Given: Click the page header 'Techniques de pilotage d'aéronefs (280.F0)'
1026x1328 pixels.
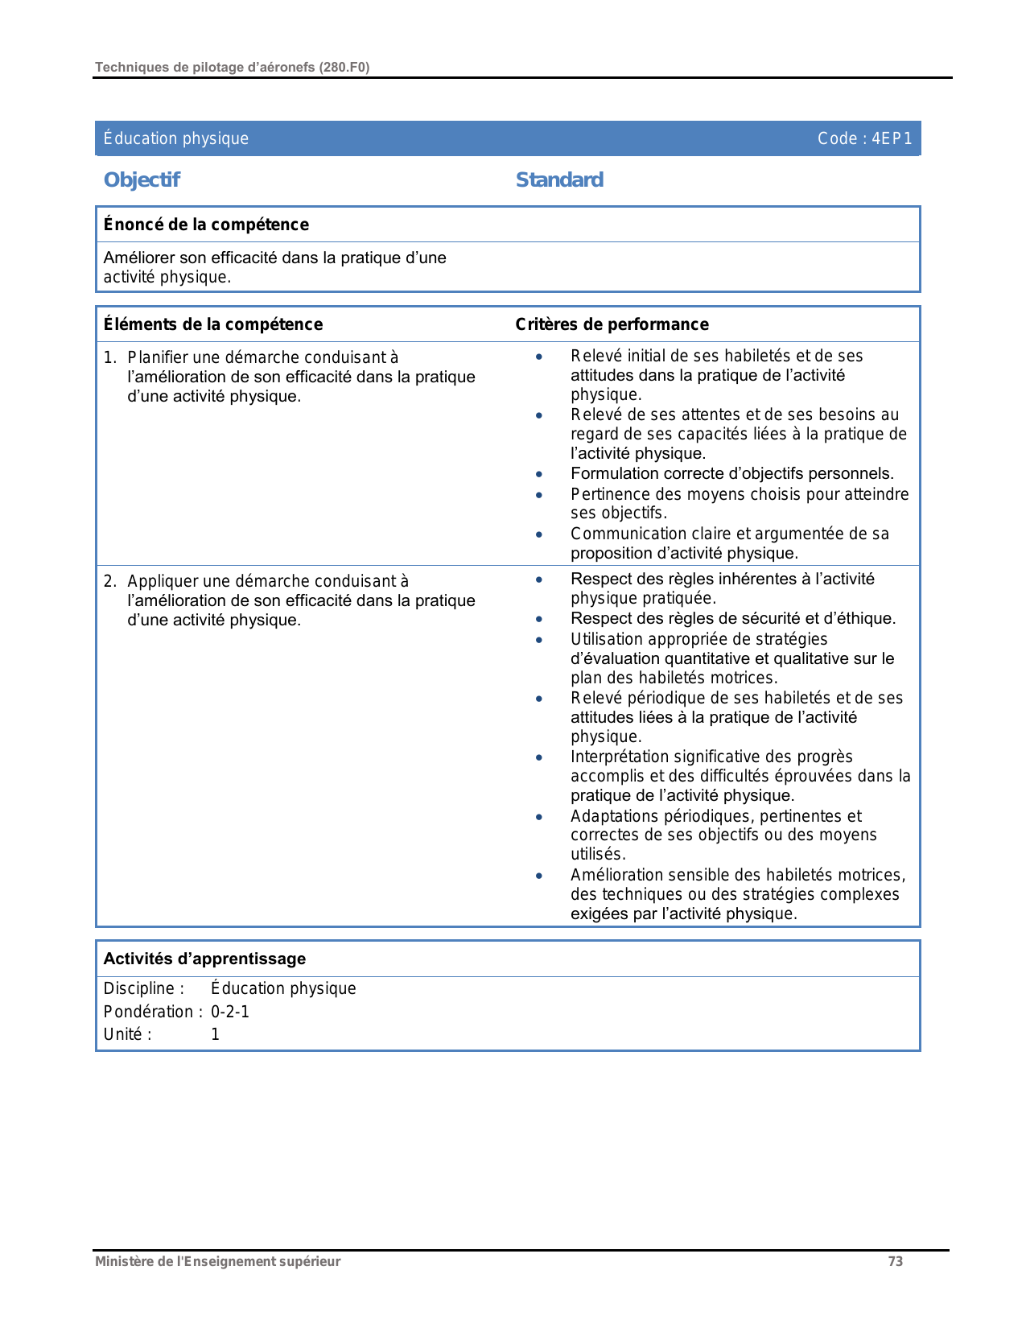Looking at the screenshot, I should click(x=232, y=68).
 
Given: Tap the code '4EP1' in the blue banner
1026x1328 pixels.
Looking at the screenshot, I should click(x=892, y=138).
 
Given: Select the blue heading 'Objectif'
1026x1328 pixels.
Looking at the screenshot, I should click(x=142, y=179).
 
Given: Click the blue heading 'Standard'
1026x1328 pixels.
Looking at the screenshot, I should click(x=559, y=179).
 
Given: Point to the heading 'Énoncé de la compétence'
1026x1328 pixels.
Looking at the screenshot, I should click(x=206, y=225).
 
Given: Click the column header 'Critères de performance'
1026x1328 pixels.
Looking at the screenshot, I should click(x=612, y=324).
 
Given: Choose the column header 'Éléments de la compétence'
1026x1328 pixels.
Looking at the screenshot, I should click(x=213, y=324).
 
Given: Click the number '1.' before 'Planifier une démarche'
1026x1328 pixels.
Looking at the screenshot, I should click(x=110, y=357).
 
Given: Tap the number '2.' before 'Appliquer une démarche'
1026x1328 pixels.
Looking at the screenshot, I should click(x=110, y=581).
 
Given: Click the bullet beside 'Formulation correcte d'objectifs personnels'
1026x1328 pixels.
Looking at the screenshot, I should click(x=539, y=475).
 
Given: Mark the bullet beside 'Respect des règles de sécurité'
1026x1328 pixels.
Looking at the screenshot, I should click(x=539, y=620).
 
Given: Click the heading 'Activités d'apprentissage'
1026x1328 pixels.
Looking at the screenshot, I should click(x=204, y=959).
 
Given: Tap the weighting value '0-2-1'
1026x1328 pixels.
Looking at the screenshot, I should click(x=230, y=1012).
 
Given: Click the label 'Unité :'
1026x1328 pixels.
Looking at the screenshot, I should click(x=127, y=1034).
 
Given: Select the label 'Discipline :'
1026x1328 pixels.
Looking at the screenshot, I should click(x=143, y=988).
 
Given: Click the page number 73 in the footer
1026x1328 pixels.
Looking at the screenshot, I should click(x=895, y=1261).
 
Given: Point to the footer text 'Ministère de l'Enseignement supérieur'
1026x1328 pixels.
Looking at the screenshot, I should click(x=217, y=1261).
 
